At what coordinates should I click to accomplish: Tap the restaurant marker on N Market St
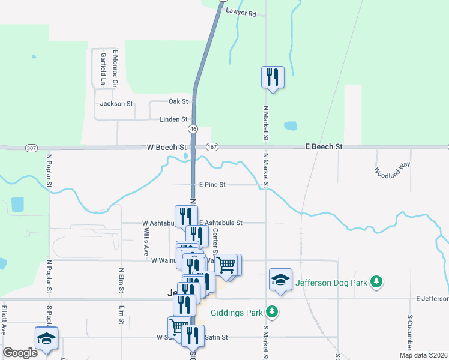273,77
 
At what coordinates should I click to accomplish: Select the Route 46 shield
193,129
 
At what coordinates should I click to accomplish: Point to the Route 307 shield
32,148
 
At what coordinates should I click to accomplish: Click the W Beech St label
167,147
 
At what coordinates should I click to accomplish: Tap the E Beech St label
324,146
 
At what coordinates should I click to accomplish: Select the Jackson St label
116,104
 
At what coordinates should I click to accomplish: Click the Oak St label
178,101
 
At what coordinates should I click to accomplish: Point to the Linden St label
173,119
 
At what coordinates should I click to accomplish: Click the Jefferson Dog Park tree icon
376,281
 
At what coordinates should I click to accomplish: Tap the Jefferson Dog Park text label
331,281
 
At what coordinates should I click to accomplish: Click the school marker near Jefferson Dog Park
280,280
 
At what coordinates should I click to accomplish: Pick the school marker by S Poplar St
46,338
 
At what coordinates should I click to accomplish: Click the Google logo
20,353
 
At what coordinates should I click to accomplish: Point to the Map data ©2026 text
423,355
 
